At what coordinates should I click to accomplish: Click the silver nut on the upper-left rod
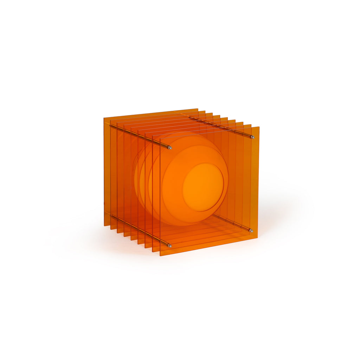[x=170, y=148]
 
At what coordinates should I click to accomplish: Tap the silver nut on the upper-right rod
[x=252, y=137]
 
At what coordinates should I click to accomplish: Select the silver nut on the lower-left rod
[x=169, y=245]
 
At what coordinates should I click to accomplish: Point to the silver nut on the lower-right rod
[x=251, y=231]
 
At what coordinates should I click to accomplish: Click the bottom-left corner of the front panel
[x=160, y=255]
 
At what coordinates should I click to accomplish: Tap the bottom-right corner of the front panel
[x=257, y=238]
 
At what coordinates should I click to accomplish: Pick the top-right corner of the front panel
[x=259, y=127]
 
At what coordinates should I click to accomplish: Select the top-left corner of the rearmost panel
[x=104, y=118]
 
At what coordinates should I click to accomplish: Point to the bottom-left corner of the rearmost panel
[x=104, y=225]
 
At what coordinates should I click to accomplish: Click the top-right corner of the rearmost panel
[x=198, y=109]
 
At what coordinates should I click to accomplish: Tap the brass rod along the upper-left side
[x=141, y=136]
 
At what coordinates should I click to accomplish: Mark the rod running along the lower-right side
[x=232, y=224]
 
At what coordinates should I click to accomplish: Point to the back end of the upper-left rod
[x=111, y=126]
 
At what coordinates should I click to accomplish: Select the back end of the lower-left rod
[x=111, y=215]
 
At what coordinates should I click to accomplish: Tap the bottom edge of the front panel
[x=209, y=246]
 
